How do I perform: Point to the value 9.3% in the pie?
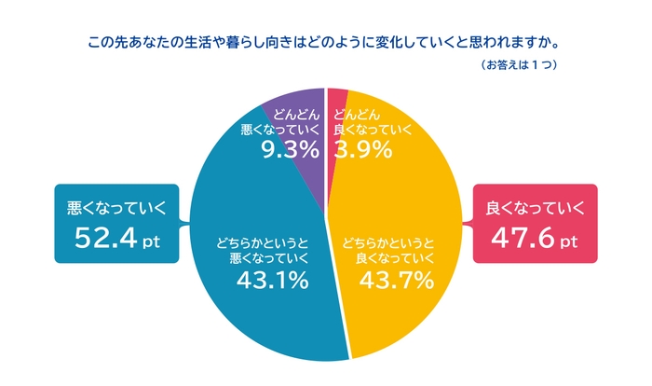(290, 150)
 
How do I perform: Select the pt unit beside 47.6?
(571, 243)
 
